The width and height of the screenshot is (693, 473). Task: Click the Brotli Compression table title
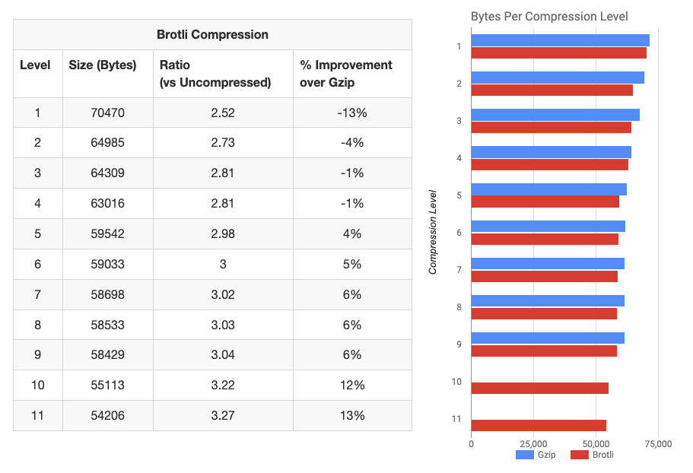212,34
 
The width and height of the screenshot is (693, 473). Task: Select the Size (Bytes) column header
103,65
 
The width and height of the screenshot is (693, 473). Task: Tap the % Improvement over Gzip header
346,74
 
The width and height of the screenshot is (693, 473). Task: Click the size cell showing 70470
107,113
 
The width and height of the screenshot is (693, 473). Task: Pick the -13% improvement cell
352,113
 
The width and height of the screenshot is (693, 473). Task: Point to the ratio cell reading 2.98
223,233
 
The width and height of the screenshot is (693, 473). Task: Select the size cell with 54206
107,415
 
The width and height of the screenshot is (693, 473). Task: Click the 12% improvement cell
352,385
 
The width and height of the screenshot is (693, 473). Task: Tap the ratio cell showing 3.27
223,415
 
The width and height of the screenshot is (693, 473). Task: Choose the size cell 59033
107,264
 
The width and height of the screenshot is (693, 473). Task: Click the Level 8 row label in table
37,325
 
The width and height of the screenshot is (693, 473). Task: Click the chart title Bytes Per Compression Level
549,16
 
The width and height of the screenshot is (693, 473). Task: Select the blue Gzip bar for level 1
560,40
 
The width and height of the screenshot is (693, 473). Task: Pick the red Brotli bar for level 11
539,425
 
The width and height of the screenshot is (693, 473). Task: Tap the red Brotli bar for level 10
539,388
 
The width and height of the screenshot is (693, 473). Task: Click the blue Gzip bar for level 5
548,189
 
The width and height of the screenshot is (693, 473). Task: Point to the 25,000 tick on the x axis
533,443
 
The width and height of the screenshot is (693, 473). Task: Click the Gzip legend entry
536,455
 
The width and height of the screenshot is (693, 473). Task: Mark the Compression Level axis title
433,231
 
